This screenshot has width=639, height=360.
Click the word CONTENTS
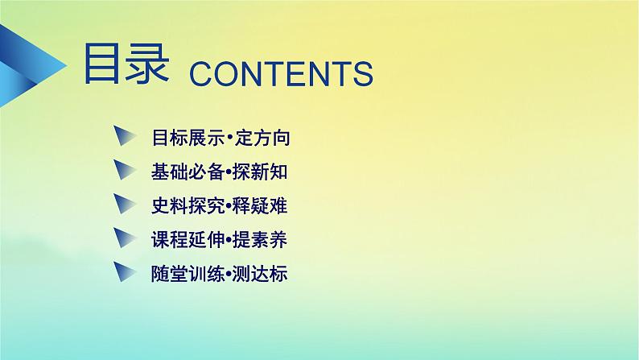281,72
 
